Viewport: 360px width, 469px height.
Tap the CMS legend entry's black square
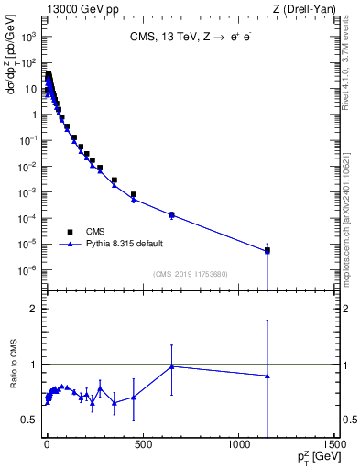[x=71, y=232]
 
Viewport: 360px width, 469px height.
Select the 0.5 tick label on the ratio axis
[x=31, y=420]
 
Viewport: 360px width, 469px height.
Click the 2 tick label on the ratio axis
[x=35, y=309]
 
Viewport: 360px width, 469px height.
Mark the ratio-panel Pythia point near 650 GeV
[x=171, y=366]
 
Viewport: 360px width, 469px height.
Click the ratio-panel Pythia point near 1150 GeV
[x=267, y=376]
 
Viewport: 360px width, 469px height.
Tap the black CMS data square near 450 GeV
[x=133, y=195]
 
